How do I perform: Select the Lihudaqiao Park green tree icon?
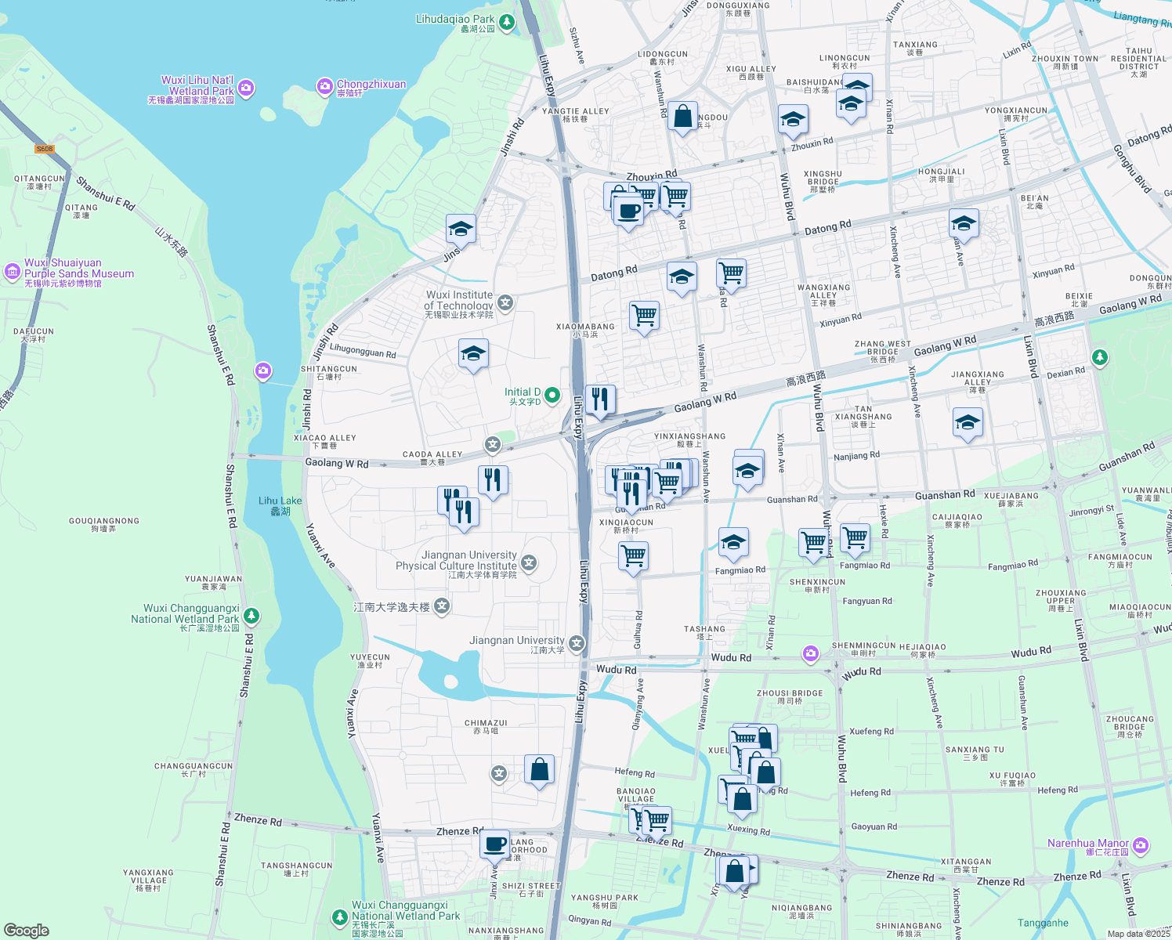tap(507, 22)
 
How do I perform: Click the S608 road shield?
tap(45, 149)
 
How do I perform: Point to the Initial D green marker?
tap(552, 395)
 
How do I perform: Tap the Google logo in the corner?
tap(26, 930)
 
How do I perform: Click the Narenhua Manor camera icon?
tap(1141, 845)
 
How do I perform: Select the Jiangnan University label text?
tap(516, 641)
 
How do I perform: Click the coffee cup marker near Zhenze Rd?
tap(494, 844)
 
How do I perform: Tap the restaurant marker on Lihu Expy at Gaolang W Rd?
tap(600, 399)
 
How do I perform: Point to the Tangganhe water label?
tap(1043, 923)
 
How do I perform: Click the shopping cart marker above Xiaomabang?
tap(644, 316)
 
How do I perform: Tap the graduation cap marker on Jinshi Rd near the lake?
tap(461, 230)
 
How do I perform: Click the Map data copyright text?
tap(1138, 933)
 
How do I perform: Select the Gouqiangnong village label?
tap(103, 524)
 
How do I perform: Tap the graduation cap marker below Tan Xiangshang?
tap(968, 422)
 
